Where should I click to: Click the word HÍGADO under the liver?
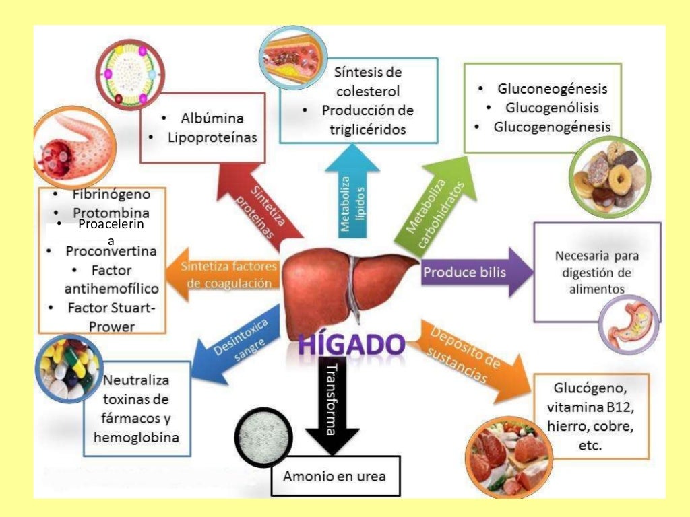[x=352, y=345]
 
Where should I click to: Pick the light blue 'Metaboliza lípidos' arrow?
[x=352, y=195]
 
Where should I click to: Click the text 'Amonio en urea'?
[x=334, y=476]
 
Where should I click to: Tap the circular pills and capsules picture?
[x=68, y=368]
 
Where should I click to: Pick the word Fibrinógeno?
[x=111, y=195]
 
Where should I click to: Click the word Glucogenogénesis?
[x=552, y=127]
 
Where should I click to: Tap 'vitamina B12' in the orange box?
[x=590, y=408]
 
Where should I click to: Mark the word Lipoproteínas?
[x=213, y=138]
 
